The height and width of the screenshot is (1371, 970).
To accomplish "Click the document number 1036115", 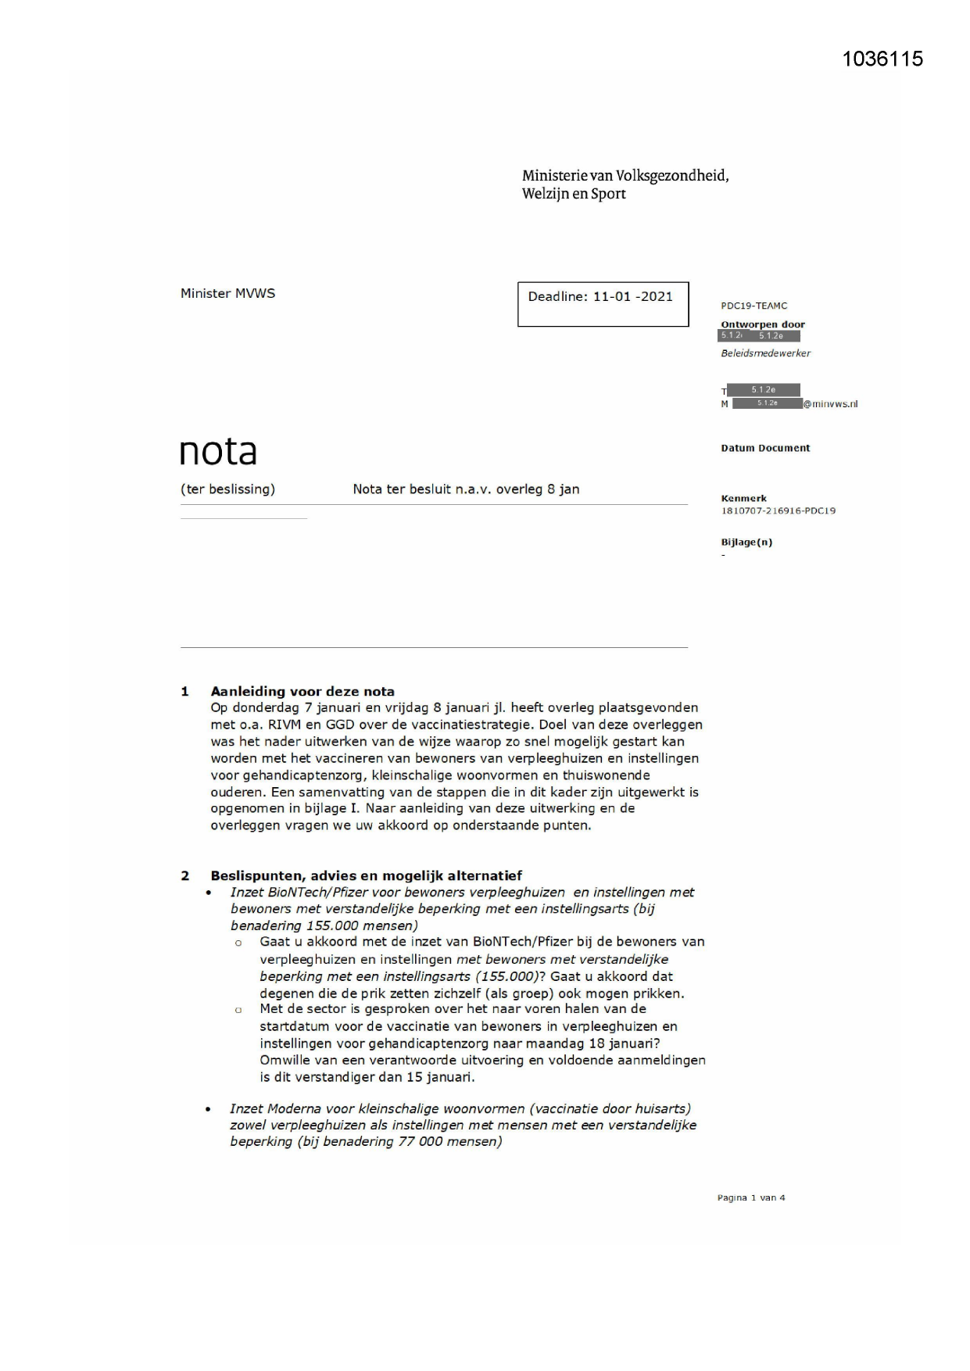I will click(882, 59).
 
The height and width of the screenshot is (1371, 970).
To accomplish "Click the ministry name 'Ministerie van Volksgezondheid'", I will click(625, 176).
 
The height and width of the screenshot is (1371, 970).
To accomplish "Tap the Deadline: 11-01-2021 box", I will click(603, 304).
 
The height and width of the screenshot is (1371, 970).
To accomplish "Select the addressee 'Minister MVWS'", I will click(227, 294).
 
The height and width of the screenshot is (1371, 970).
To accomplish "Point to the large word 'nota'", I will click(218, 452).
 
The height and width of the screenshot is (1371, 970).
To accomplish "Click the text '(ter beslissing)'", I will click(227, 489).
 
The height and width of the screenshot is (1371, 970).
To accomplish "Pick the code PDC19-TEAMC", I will click(753, 306).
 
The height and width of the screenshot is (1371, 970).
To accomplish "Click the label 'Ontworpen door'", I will click(762, 324).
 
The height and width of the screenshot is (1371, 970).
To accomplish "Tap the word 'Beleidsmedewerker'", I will click(765, 353).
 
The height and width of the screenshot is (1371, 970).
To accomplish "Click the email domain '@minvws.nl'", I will click(830, 404).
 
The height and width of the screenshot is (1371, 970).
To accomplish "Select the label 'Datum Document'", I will click(765, 448).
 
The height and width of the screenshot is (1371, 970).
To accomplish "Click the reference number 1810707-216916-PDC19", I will click(778, 511).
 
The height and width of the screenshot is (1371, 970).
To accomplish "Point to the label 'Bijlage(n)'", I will click(746, 542).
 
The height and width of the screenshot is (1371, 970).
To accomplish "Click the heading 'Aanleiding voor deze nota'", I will click(302, 691).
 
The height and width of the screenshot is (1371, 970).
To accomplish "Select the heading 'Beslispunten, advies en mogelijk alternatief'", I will click(366, 875).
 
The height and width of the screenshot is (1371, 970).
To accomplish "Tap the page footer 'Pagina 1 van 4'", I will click(751, 1197).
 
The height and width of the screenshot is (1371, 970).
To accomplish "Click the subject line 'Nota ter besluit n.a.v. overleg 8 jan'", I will click(466, 489).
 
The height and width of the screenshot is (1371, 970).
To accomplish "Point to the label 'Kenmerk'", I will click(743, 499).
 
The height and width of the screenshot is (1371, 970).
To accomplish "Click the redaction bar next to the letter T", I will click(763, 390).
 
